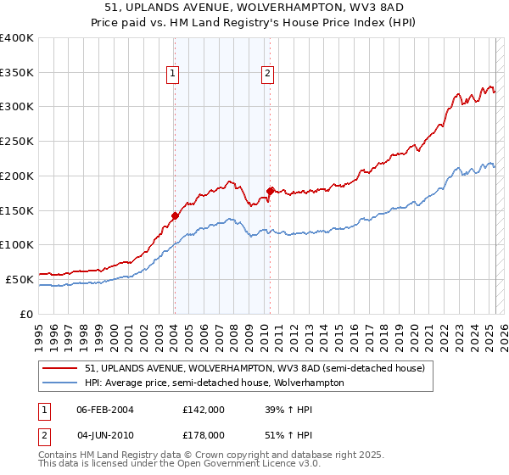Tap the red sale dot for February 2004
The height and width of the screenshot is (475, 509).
(x=175, y=215)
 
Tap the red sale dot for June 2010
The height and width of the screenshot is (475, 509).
(x=270, y=191)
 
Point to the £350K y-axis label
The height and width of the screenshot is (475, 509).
(x=17, y=72)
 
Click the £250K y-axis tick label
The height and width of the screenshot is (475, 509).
(x=17, y=141)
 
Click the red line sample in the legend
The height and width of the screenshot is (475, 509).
(x=61, y=368)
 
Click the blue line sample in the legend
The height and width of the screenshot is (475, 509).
(x=61, y=383)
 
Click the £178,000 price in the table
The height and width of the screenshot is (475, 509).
(x=203, y=434)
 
